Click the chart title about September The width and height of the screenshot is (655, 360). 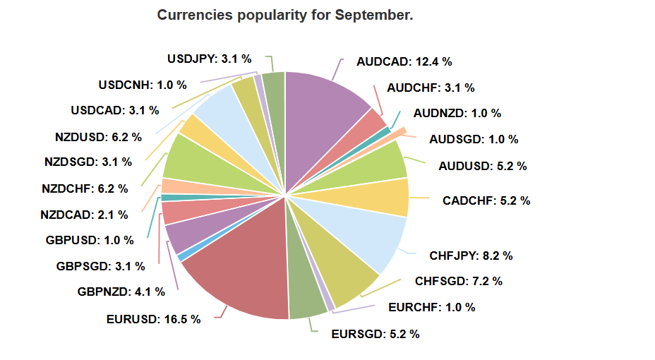284,15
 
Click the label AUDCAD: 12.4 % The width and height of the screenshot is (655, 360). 404,61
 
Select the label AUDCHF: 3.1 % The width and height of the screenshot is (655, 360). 431,88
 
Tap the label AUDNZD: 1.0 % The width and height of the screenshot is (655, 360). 457,113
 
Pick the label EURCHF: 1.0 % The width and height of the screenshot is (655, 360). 431,307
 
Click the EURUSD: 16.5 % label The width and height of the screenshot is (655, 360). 153,319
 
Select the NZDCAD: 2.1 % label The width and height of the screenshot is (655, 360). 84,214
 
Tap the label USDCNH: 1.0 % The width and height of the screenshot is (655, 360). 143,85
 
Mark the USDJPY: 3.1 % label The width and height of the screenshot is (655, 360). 209,59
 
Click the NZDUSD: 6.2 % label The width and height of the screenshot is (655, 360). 98,136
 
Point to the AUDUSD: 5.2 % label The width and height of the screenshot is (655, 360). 482,167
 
